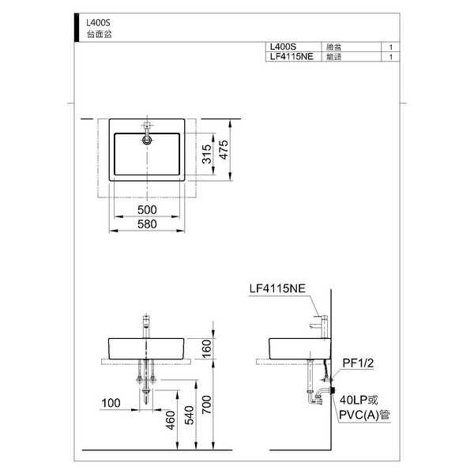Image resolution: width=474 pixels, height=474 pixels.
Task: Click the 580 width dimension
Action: (x=147, y=224)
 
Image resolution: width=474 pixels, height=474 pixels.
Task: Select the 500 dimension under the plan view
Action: (x=147, y=210)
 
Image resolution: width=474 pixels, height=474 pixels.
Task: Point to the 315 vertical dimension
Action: (x=207, y=154)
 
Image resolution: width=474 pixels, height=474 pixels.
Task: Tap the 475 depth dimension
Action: (x=224, y=149)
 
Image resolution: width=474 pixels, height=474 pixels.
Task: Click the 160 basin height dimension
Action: (x=206, y=349)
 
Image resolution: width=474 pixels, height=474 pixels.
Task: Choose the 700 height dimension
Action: (x=207, y=404)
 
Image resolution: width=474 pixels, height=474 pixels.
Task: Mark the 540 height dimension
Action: (x=190, y=416)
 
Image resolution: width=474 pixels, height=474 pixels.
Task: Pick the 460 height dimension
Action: (x=171, y=420)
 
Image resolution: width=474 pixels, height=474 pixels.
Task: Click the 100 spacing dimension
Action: (x=111, y=403)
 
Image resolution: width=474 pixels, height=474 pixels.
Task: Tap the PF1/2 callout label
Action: (x=358, y=363)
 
